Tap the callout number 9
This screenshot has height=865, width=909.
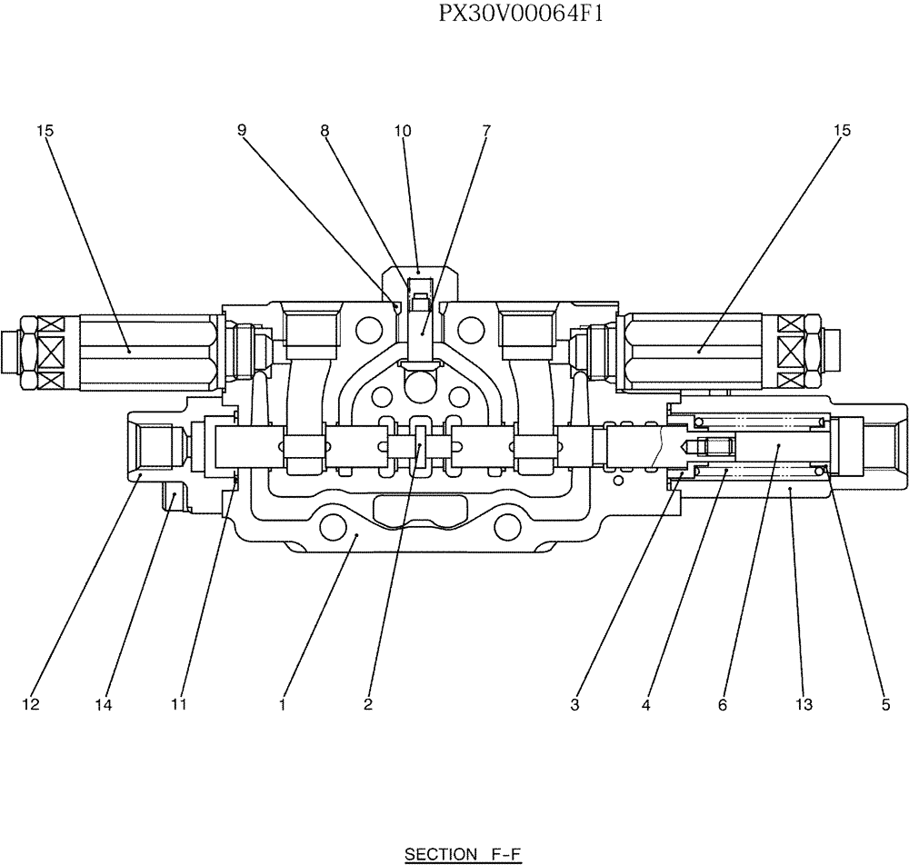(x=242, y=131)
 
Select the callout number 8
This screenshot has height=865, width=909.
(x=325, y=131)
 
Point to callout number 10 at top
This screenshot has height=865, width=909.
(x=403, y=131)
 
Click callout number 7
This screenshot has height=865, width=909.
(x=485, y=131)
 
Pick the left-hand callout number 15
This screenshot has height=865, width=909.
(x=45, y=131)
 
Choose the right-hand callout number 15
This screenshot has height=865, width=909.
(x=842, y=131)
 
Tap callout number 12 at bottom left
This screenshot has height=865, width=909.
(x=31, y=704)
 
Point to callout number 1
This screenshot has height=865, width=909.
(x=283, y=704)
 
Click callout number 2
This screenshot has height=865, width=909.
(x=367, y=704)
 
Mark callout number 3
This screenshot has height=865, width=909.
(x=575, y=704)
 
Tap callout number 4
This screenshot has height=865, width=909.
(x=645, y=704)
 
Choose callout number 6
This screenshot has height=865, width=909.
(x=723, y=704)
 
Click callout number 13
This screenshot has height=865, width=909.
(x=804, y=704)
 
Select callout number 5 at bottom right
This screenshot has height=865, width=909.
(x=885, y=704)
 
